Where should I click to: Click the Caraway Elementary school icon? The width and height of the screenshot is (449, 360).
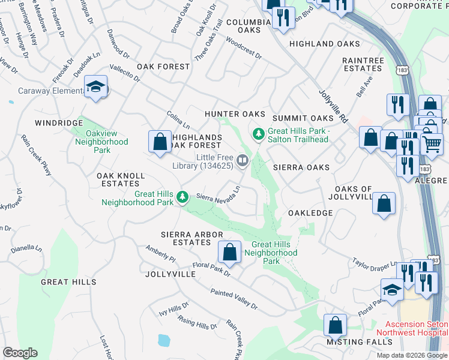[95, 88]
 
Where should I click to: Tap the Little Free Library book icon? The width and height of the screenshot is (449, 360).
[243, 160]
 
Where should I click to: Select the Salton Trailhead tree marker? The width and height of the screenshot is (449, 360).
[258, 133]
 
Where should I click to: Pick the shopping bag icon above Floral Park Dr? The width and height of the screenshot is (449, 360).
[229, 253]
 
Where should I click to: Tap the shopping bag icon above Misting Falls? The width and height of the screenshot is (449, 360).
[336, 325]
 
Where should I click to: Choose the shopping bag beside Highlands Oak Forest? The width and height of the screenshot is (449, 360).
[160, 142]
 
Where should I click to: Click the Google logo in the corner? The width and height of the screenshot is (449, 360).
[20, 352]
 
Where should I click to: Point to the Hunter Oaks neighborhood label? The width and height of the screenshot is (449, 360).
[235, 114]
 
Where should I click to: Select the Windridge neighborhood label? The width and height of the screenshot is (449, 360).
[58, 122]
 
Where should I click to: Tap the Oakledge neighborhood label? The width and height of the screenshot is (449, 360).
[310, 213]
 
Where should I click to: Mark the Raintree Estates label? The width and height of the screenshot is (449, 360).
[363, 65]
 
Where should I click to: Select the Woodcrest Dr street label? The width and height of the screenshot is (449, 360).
[244, 47]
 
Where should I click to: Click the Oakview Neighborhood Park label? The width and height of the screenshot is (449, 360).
[101, 142]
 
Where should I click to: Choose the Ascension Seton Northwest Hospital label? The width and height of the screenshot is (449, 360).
[411, 328]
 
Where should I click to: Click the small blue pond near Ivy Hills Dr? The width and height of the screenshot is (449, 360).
[163, 341]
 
